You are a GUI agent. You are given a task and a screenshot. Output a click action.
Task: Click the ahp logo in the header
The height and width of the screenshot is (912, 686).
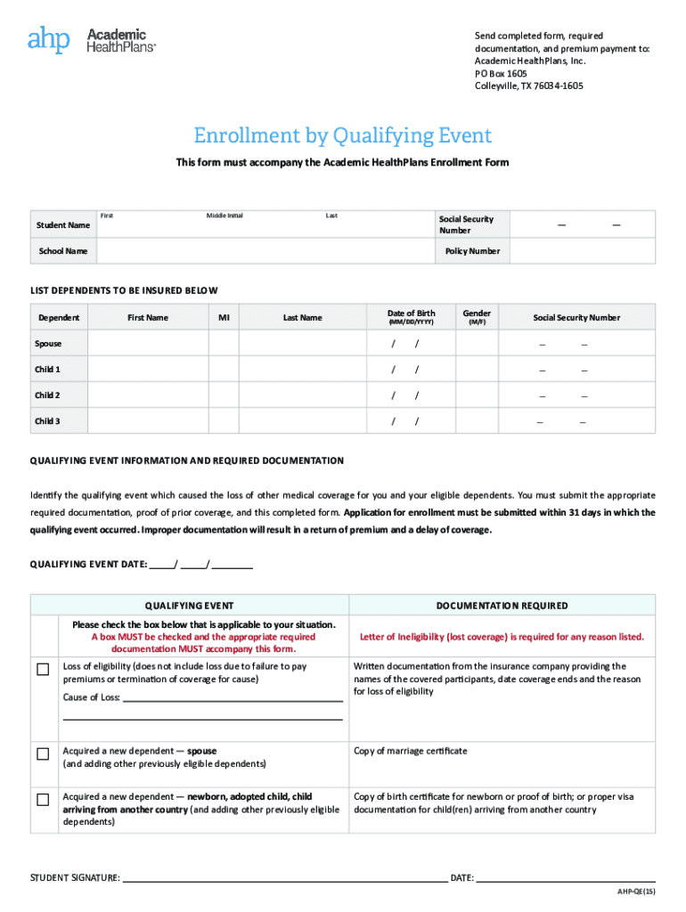(x=48, y=40)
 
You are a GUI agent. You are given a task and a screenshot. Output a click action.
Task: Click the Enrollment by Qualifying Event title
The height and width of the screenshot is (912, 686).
(x=343, y=135)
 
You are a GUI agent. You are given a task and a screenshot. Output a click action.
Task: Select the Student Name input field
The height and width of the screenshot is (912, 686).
(x=263, y=226)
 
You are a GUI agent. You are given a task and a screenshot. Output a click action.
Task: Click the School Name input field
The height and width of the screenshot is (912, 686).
(x=263, y=251)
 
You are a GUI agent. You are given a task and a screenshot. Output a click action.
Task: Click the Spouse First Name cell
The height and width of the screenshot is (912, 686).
(x=148, y=344)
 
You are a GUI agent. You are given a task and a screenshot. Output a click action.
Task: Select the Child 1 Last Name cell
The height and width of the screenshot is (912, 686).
(x=302, y=370)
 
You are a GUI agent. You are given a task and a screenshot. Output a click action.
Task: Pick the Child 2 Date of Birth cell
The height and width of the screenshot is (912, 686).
(x=412, y=395)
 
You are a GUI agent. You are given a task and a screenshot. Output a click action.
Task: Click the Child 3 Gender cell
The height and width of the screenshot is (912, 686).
(x=477, y=421)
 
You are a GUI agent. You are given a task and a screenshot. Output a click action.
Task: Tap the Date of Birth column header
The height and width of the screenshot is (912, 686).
(x=412, y=317)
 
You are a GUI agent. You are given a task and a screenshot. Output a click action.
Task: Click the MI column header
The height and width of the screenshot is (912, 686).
(x=223, y=318)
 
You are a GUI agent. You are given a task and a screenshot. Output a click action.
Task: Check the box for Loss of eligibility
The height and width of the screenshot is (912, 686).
(x=43, y=670)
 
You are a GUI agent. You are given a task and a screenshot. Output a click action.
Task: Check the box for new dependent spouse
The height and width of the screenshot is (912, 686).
(x=43, y=754)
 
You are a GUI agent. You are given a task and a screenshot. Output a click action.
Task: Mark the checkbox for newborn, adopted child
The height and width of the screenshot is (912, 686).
(x=43, y=800)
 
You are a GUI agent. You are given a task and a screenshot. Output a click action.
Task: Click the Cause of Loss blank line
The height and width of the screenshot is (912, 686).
(x=232, y=696)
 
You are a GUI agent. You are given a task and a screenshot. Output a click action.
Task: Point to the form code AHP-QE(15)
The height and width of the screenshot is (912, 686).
(x=636, y=892)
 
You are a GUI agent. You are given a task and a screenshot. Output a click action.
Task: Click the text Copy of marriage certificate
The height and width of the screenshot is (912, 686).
(x=410, y=751)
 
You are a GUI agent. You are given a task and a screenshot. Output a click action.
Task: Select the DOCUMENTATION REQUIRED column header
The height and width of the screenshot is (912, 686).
(x=502, y=606)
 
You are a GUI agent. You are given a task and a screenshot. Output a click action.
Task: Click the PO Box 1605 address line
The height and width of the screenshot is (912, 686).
(x=501, y=73)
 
